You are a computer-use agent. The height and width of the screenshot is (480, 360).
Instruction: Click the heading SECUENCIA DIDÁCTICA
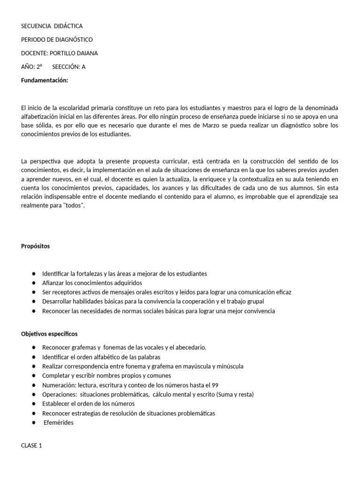point(52,26)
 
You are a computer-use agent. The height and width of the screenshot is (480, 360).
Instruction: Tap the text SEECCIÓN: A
point(69,67)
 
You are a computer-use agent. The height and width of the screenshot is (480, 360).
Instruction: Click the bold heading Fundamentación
point(45,80)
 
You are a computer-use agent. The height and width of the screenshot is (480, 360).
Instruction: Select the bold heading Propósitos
point(35,246)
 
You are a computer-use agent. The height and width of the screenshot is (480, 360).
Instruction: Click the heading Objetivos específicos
point(49,334)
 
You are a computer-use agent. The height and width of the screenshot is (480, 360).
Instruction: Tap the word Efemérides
point(59,422)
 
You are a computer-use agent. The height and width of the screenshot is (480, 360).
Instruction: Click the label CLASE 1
point(31,445)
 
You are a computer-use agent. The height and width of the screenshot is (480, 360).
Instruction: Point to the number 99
point(215,385)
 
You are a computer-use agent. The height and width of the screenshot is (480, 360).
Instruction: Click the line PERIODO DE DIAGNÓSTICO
point(57,40)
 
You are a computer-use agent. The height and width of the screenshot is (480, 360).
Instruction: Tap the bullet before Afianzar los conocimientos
point(34,283)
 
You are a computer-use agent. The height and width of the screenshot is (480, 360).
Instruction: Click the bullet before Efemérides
point(34,422)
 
